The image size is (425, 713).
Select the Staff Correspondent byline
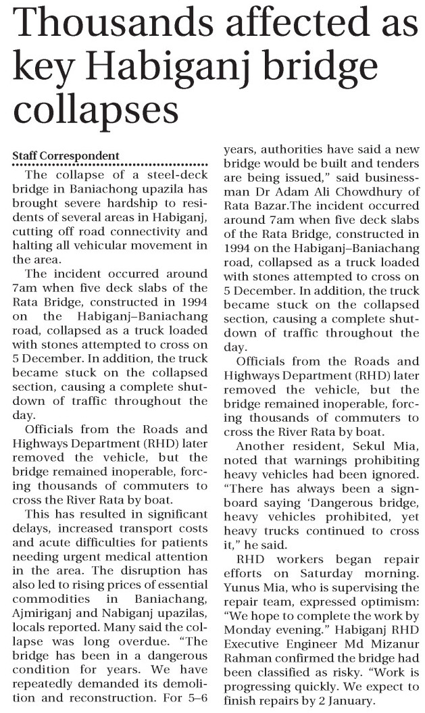66,156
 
